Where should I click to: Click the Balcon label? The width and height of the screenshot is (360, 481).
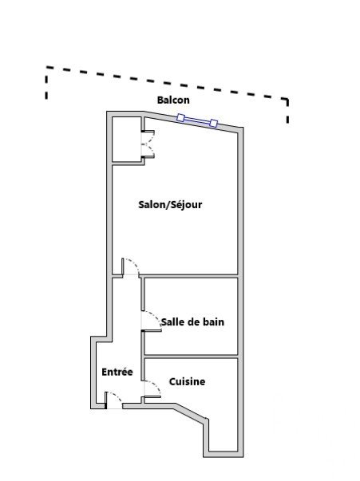click(x=173, y=100)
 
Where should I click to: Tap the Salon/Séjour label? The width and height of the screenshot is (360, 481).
click(x=170, y=205)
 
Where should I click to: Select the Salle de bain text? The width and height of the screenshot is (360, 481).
click(x=192, y=321)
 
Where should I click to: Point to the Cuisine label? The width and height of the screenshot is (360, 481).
click(x=188, y=381)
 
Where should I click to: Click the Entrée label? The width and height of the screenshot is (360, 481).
click(x=117, y=372)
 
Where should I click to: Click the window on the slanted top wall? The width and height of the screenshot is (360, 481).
click(x=197, y=120)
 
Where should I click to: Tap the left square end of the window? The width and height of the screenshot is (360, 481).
click(x=180, y=117)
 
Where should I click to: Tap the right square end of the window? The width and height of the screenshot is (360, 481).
click(x=214, y=124)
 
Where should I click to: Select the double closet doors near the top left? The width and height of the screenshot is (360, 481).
click(x=148, y=144)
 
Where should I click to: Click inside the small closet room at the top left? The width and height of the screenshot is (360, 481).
click(x=126, y=139)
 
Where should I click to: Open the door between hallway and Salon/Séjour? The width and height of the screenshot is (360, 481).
click(x=130, y=266)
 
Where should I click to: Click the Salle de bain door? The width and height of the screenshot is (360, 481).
click(x=152, y=321)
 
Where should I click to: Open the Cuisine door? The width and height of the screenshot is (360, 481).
click(x=152, y=389)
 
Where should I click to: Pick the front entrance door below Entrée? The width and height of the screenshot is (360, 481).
click(x=113, y=400)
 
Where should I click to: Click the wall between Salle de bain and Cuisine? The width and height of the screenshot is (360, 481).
click(x=191, y=357)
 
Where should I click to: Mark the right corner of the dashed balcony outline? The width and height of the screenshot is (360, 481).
click(x=287, y=99)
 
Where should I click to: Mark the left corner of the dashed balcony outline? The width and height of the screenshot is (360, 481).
click(x=46, y=67)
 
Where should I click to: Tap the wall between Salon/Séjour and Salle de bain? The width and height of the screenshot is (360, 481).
click(x=189, y=276)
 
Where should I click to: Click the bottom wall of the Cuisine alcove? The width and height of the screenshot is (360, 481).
click(x=224, y=454)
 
